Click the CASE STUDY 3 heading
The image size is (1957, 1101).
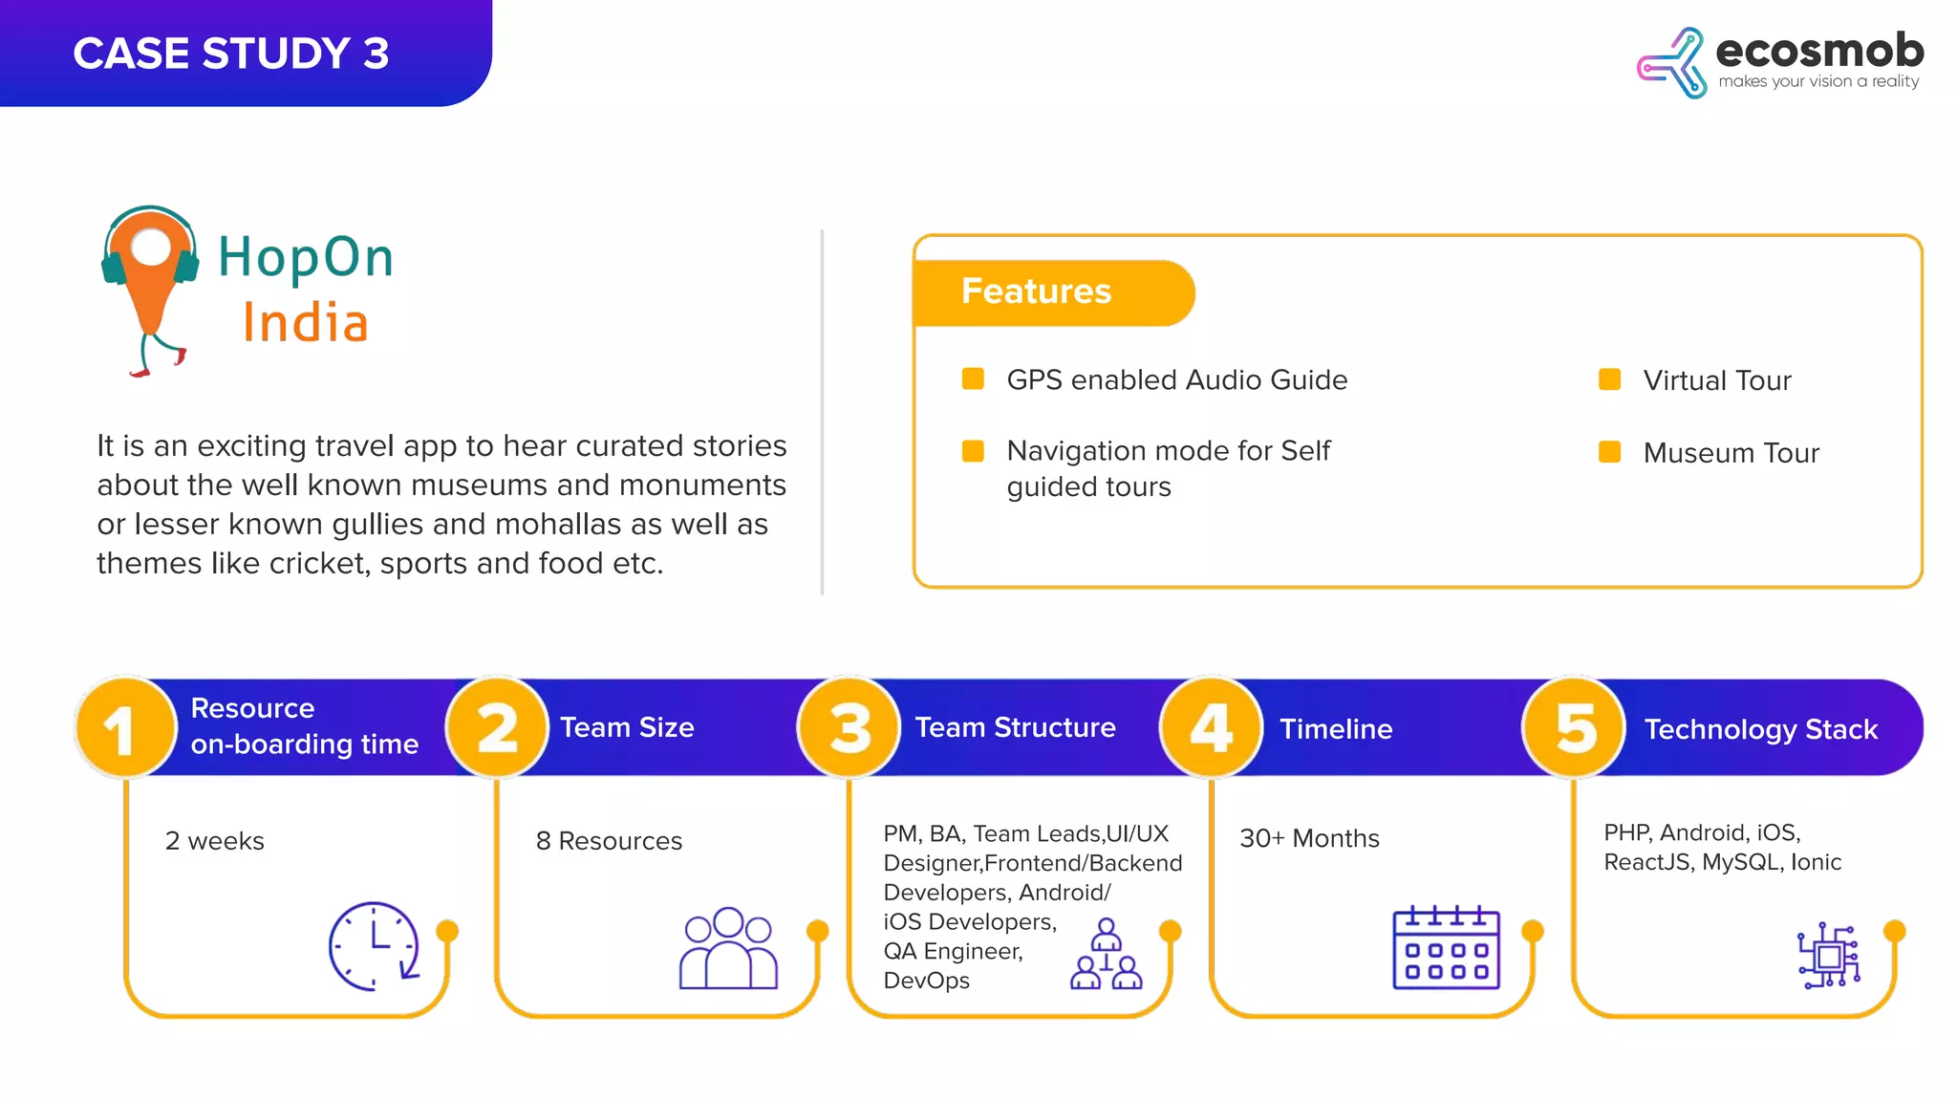point(231,54)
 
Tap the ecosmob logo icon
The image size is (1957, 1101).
point(1671,63)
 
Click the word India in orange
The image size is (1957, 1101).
point(305,323)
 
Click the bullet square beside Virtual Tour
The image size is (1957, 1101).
point(1609,379)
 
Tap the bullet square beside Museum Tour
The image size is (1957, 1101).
point(1609,451)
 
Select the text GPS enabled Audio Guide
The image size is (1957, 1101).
point(1176,379)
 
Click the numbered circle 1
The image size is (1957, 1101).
point(125,728)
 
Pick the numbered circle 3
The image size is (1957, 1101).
point(849,728)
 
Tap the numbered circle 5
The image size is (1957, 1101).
point(1574,728)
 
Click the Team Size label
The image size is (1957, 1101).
point(627,727)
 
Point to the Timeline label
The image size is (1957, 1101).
point(1336,729)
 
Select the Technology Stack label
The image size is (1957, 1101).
point(1760,729)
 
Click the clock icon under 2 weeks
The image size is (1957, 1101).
point(374,945)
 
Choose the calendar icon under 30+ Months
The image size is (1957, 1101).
point(1446,947)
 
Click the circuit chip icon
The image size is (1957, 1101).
point(1829,955)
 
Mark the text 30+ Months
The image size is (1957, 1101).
point(1309,838)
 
